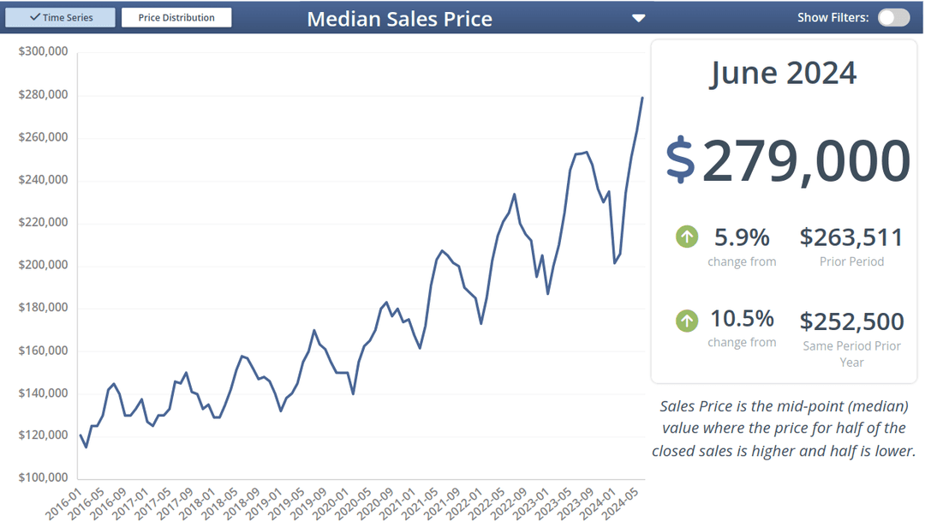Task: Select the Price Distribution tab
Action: tap(176, 17)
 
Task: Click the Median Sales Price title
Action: tap(399, 19)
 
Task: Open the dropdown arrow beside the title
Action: tap(638, 18)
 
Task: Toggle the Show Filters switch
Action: tap(893, 17)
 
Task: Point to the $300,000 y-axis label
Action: tap(43, 52)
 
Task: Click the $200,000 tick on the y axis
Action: tap(43, 265)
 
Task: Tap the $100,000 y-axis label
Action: tap(43, 477)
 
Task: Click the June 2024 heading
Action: tap(783, 73)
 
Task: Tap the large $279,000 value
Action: tap(805, 160)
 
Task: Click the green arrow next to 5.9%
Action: tap(687, 237)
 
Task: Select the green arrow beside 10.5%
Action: tap(687, 321)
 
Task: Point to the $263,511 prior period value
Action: tap(851, 237)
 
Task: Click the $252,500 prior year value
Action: tap(851, 321)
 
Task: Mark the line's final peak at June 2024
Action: tap(643, 98)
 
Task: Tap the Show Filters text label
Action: tap(832, 17)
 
